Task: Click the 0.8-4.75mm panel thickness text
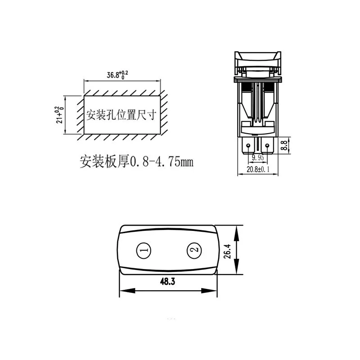pyautogui.click(x=162, y=162)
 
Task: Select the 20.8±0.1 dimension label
pyautogui.click(x=257, y=169)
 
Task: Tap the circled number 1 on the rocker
pyautogui.click(x=144, y=250)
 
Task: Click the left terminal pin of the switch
pyautogui.click(x=247, y=147)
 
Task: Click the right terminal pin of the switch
pyautogui.click(x=268, y=147)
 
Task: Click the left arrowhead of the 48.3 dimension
pyautogui.click(x=122, y=290)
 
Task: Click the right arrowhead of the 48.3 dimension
pyautogui.click(x=215, y=290)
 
